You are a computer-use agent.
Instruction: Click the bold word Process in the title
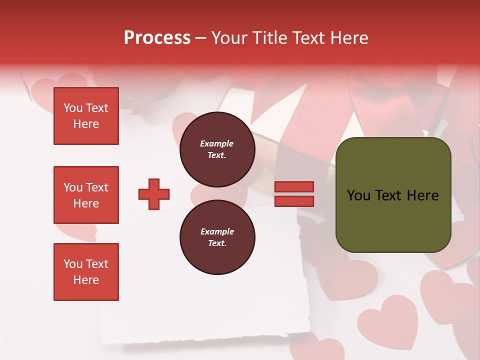[157, 38]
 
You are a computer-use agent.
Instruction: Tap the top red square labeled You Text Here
[86, 116]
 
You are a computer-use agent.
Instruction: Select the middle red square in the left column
[86, 195]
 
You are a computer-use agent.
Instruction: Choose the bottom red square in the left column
[86, 272]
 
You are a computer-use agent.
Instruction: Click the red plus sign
[154, 194]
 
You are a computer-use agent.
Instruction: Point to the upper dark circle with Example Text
[217, 149]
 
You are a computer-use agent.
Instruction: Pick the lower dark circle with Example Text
[217, 237]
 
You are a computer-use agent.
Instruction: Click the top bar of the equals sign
[294, 187]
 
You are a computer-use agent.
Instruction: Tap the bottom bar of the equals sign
[294, 201]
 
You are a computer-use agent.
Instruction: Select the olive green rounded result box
[393, 195]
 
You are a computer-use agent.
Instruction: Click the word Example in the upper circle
[217, 143]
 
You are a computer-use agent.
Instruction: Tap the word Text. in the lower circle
[217, 243]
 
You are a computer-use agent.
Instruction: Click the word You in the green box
[358, 195]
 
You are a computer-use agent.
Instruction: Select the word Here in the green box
[422, 195]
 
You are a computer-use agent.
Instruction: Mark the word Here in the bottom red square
[86, 280]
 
